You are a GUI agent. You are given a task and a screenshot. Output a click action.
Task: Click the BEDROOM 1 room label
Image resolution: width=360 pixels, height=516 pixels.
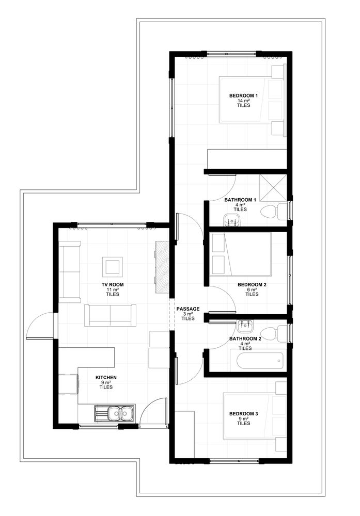point(243,96)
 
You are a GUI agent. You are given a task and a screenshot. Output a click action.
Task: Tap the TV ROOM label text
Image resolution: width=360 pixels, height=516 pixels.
point(113,285)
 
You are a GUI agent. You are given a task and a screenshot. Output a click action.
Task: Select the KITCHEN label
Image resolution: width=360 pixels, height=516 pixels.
point(106,378)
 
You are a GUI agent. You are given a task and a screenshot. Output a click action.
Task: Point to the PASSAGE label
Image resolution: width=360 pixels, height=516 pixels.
point(188,309)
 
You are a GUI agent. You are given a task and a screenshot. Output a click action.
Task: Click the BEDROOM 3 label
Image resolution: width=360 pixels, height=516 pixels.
point(243,414)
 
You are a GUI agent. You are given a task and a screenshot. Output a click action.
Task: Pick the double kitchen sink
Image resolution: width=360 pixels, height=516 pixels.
point(115,413)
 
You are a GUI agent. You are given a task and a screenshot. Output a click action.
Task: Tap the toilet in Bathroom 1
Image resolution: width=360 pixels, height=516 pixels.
point(274,211)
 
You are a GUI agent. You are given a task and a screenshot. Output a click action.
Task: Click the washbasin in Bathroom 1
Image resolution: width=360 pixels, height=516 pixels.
point(232,220)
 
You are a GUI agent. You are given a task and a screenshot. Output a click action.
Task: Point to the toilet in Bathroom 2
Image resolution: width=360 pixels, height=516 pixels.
point(274,333)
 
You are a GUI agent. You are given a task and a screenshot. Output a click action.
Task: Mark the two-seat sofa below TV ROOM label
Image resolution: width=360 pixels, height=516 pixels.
point(111,315)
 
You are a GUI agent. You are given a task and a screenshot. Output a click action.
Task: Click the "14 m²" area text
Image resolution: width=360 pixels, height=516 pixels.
point(243,101)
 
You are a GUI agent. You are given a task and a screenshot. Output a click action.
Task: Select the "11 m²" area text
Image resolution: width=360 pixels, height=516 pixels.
point(113,289)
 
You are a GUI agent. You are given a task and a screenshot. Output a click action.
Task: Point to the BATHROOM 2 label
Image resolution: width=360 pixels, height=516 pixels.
point(245,338)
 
